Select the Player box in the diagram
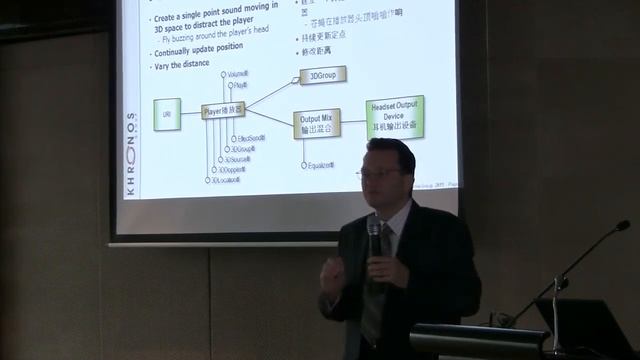click(x=225, y=111)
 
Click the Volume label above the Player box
click(x=238, y=74)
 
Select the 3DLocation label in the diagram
click(x=227, y=181)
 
